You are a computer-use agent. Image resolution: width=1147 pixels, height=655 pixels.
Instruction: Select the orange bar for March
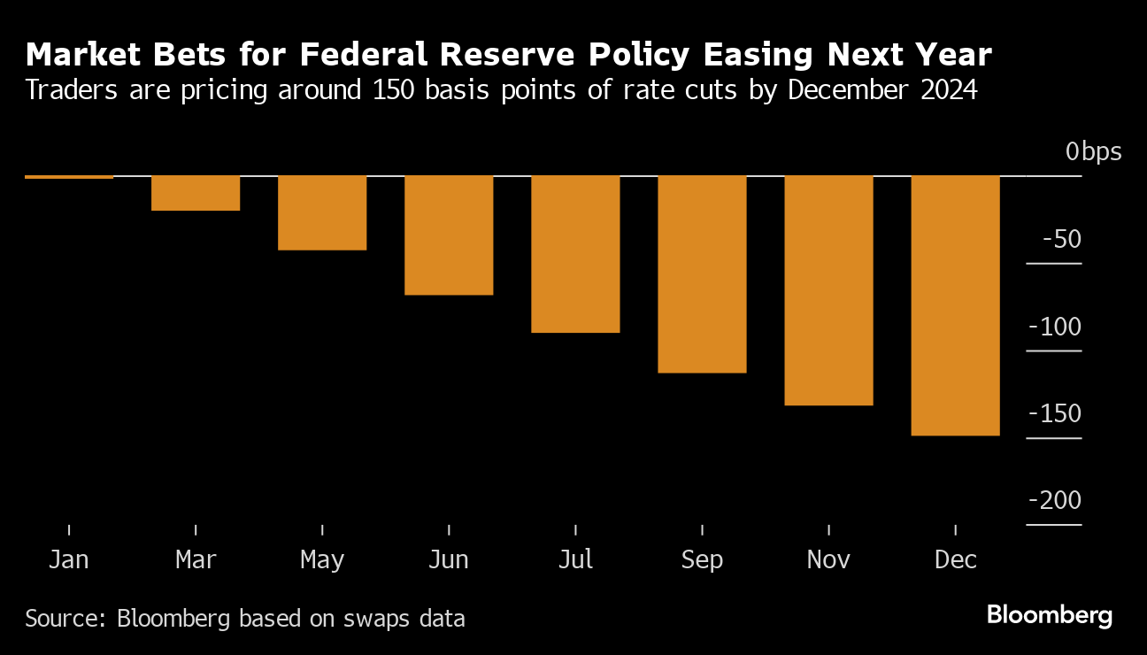click(x=196, y=193)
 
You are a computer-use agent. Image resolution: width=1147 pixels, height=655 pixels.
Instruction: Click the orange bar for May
click(x=322, y=212)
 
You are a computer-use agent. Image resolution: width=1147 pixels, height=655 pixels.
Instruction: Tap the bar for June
click(x=449, y=235)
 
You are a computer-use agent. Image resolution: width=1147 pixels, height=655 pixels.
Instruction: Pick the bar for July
click(x=575, y=254)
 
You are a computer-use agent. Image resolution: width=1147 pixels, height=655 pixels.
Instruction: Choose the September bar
click(x=702, y=274)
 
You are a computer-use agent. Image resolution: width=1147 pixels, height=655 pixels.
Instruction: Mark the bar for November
click(x=828, y=290)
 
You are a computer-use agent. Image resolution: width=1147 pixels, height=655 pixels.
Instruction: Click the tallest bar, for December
click(x=955, y=305)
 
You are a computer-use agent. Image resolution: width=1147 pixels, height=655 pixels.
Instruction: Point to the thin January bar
click(x=69, y=177)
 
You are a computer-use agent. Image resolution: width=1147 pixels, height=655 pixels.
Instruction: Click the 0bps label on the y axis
click(x=1093, y=152)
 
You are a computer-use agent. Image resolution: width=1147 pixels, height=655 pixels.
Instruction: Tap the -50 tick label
click(x=1061, y=240)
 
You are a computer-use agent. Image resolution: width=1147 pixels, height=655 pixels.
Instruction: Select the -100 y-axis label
click(x=1055, y=327)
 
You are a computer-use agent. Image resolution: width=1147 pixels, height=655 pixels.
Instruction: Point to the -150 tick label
click(x=1055, y=414)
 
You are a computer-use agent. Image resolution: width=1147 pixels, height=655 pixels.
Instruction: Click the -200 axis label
click(x=1055, y=501)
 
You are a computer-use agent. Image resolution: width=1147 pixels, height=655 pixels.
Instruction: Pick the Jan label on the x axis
click(x=69, y=560)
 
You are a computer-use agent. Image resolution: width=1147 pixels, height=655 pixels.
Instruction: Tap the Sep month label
click(x=702, y=560)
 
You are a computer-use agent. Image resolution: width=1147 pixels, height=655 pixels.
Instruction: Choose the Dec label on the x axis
click(x=956, y=560)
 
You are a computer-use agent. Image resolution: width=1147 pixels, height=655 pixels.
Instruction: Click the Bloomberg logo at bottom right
click(x=1049, y=615)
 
